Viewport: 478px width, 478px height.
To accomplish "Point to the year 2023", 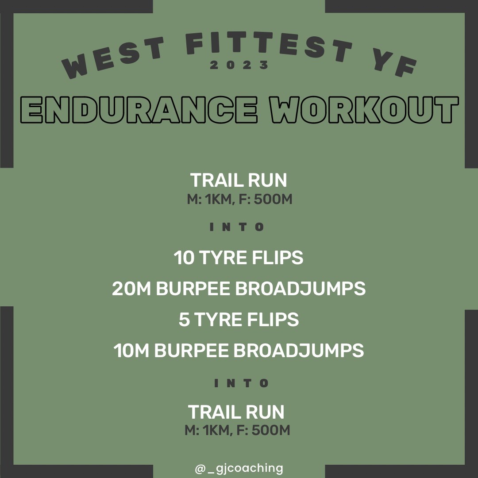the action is [239, 65].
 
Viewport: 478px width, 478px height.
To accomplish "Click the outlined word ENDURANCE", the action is [139, 110].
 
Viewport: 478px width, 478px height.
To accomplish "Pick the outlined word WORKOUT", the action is [364, 110].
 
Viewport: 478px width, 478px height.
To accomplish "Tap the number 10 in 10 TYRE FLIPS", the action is [184, 258].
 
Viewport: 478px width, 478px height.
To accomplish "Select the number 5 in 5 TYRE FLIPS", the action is [184, 320].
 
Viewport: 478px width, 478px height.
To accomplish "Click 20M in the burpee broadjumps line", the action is [131, 289].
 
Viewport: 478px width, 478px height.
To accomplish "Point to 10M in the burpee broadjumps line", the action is [131, 351].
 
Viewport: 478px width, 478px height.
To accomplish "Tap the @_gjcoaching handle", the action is [239, 468].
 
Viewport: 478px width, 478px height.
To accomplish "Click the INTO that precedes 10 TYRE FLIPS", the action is [237, 227].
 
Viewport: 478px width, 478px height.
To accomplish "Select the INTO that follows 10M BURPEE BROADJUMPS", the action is [242, 383].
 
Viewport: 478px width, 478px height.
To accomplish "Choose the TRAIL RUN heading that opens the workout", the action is [239, 180].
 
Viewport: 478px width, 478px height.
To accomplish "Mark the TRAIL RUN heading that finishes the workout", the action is [236, 412].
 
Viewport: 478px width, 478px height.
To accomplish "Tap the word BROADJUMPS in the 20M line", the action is [300, 289].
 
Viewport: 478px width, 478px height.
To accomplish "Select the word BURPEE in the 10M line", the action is [192, 351].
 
